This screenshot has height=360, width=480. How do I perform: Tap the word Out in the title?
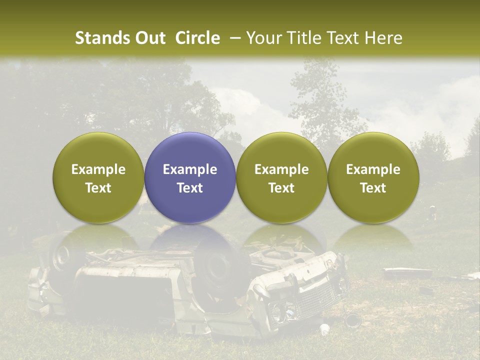149,38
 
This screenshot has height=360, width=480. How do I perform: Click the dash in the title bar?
233,38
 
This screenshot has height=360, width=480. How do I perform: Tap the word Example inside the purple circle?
189,169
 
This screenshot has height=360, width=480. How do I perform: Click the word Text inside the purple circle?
189,188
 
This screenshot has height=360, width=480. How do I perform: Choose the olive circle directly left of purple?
98,177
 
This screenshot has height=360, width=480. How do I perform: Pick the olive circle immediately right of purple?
281,177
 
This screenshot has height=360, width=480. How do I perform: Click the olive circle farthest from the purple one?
373,177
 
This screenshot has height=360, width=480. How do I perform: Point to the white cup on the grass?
325,328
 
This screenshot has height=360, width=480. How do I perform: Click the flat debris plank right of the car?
407,273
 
